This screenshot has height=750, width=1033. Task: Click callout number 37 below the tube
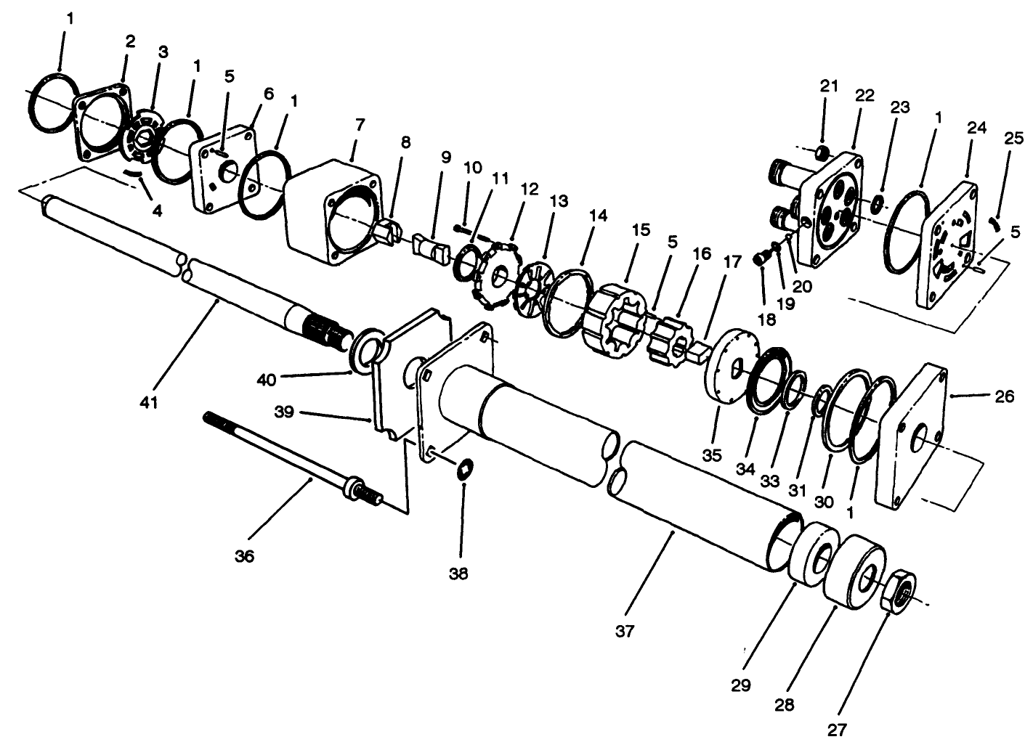click(x=625, y=631)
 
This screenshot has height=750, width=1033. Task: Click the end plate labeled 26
click(x=912, y=436)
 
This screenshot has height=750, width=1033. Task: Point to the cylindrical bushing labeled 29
click(x=811, y=553)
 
